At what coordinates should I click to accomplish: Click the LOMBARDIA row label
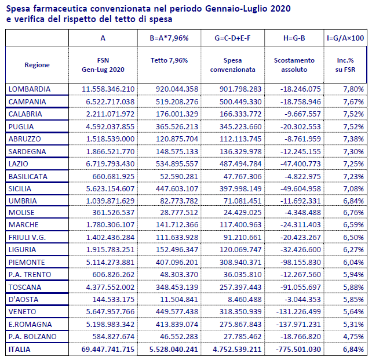pyautogui.click(x=30, y=89)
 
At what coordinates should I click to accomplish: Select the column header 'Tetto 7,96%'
pyautogui.click(x=169, y=60)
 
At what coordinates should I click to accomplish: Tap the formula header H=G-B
pyautogui.click(x=294, y=38)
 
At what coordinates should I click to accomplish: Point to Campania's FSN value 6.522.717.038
pyautogui.click(x=110, y=102)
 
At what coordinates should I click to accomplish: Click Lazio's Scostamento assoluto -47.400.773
pyautogui.click(x=300, y=164)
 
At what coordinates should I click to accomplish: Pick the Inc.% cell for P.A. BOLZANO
pyautogui.click(x=353, y=337)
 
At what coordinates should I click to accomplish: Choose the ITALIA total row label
pyautogui.click(x=20, y=350)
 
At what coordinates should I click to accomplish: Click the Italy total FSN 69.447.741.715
pyautogui.click(x=108, y=350)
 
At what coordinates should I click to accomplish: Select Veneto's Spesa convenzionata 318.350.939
pyautogui.click(x=240, y=311)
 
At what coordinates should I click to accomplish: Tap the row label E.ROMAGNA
pyautogui.click(x=30, y=325)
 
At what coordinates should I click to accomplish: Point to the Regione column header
pyautogui.click(x=37, y=65)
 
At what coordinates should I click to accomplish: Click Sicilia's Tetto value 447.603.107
pyautogui.click(x=177, y=189)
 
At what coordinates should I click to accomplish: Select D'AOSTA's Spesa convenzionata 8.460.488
pyautogui.click(x=245, y=300)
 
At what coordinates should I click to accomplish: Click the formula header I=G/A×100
pyautogui.click(x=345, y=38)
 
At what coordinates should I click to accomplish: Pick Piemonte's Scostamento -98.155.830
pyautogui.click(x=300, y=263)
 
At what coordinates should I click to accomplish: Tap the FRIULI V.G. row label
pyautogui.click(x=27, y=238)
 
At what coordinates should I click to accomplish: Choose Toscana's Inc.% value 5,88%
pyautogui.click(x=353, y=288)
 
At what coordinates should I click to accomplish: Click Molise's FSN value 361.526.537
pyautogui.click(x=114, y=213)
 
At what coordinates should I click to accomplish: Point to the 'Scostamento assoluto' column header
pyautogui.click(x=294, y=65)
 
